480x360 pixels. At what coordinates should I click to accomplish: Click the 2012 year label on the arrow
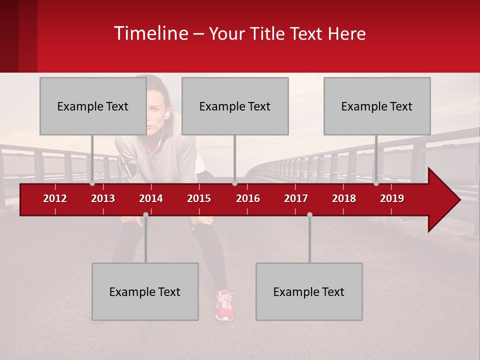click(55, 198)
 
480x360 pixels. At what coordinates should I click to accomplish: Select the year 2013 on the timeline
click(103, 198)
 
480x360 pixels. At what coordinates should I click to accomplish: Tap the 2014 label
click(151, 198)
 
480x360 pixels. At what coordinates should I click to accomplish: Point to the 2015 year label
click(199, 198)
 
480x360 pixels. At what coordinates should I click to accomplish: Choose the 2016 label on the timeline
click(248, 198)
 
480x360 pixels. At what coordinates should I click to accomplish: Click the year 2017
click(296, 198)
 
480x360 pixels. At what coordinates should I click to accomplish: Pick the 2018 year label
click(344, 198)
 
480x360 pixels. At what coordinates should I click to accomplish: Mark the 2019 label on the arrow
click(392, 198)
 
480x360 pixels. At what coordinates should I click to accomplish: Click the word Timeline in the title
click(150, 33)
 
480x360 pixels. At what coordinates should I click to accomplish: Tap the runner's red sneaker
click(225, 305)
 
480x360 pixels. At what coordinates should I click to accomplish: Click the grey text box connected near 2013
click(92, 106)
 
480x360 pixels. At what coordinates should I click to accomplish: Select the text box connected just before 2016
click(235, 106)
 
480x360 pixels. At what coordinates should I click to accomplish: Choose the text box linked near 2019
click(377, 106)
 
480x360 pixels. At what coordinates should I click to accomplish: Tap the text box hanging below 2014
click(145, 291)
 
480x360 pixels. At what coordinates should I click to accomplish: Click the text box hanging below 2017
click(309, 291)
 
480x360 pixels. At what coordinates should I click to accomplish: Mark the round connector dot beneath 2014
click(145, 214)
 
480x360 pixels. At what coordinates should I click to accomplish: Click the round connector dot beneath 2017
click(309, 214)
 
